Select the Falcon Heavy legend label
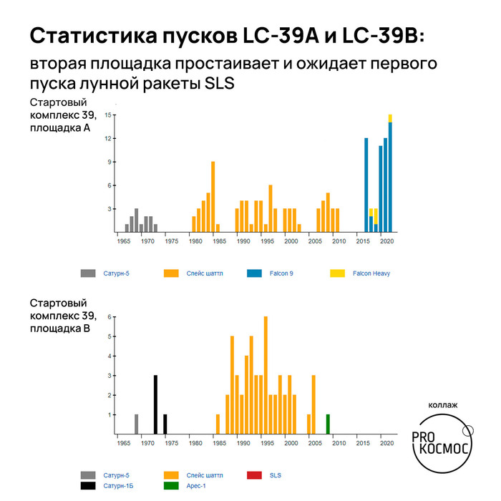point(371,273)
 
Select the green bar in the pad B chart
point(328,424)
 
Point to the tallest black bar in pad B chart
point(155,404)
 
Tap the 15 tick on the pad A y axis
point(107,115)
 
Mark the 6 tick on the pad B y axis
point(108,317)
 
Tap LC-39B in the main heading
point(387,37)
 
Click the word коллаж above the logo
point(443,404)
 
